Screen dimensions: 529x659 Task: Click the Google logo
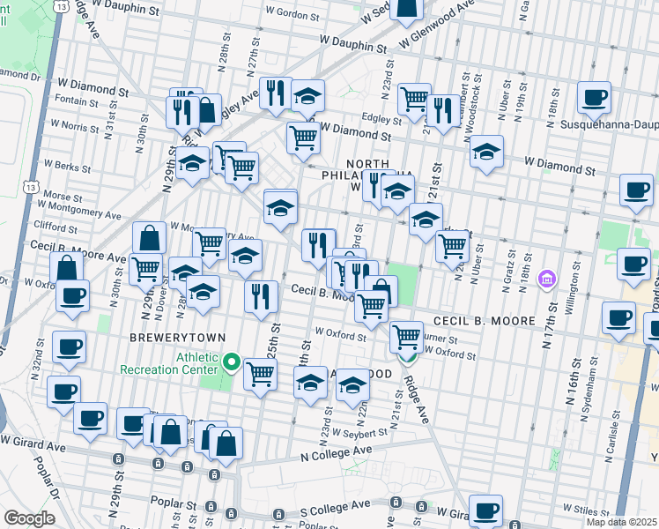tap(29, 518)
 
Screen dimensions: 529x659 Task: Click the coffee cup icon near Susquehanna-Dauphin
tap(595, 100)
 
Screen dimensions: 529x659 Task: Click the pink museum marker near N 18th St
tap(547, 279)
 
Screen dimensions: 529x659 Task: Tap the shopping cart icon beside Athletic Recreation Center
tap(260, 374)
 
